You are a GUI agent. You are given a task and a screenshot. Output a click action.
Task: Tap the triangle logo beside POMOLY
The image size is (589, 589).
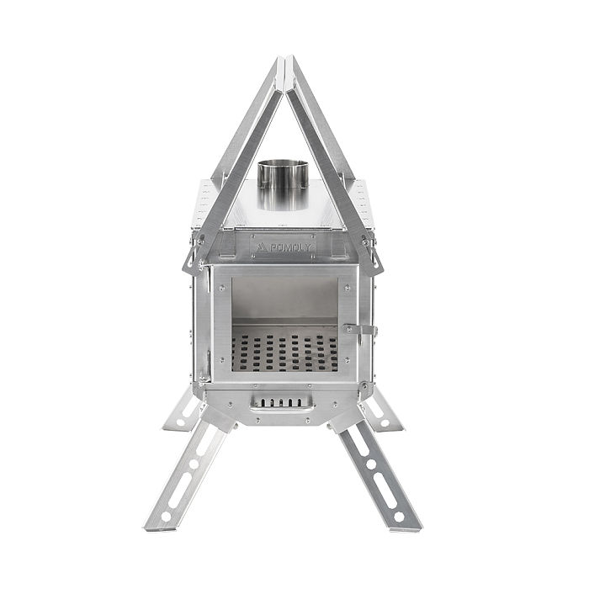(x=262, y=247)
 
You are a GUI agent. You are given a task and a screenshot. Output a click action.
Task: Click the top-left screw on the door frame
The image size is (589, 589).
(x=221, y=274)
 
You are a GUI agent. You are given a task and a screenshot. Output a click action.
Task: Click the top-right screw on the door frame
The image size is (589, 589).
(x=346, y=274)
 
